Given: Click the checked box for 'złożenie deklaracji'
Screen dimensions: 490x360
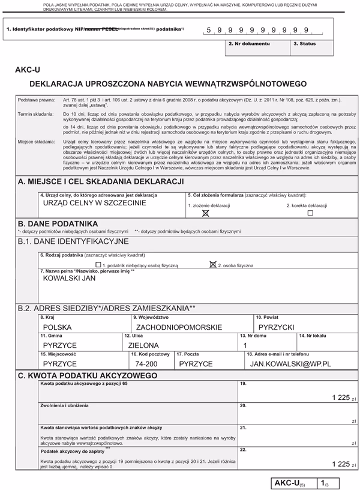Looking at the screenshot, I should click(205, 213).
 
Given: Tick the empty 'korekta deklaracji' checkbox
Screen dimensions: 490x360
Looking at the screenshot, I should click(310, 213).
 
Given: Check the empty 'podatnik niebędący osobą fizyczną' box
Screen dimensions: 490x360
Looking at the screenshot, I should click(98, 264).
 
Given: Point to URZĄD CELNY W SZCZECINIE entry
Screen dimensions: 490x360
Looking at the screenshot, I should click(95, 203).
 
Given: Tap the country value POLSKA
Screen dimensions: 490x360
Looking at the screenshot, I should click(58, 328).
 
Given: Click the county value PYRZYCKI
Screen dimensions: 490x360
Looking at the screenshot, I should click(275, 328).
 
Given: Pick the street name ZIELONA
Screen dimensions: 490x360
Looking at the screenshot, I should click(143, 346).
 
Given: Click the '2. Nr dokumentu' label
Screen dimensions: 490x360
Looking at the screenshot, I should click(249, 44).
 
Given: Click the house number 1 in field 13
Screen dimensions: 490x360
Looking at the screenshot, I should click(245, 346).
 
